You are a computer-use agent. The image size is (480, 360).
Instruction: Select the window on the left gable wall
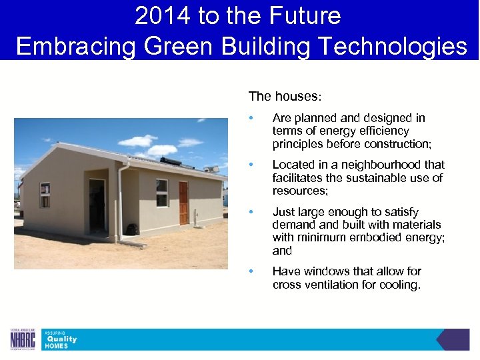[x=45, y=195]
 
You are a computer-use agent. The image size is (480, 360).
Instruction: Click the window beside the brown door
[x=162, y=193]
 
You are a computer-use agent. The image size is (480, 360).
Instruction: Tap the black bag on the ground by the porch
[x=132, y=229]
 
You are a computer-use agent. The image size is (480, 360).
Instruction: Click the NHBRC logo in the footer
[x=22, y=339]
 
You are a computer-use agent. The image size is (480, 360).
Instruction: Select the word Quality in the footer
[x=61, y=339]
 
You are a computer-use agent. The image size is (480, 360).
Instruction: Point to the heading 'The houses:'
[x=285, y=97]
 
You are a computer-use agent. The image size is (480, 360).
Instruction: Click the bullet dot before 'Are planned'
[x=251, y=118]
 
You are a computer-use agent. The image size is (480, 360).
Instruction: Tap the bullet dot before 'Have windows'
[x=251, y=271]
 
